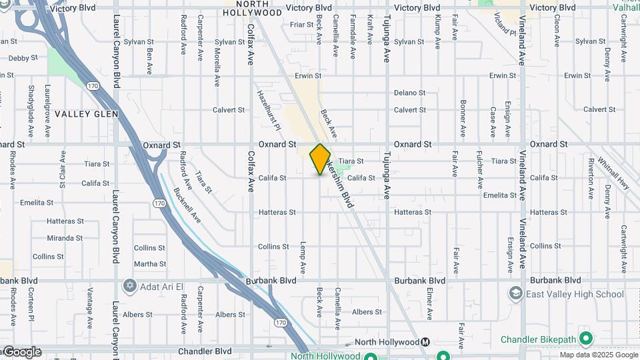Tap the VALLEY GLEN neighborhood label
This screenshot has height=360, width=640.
pos(86,114)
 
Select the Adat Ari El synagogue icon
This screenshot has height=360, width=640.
pos(130,286)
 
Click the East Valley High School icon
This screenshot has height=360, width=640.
pos(515,294)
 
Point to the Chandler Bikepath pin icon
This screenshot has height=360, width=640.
pos(586,339)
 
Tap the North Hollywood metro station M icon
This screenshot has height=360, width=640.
pos(425,342)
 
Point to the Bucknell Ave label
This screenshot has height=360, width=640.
pos(187,203)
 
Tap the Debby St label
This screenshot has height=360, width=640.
pos(19,59)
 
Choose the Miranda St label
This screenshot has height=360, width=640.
pos(65,238)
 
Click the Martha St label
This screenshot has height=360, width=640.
pos(149,264)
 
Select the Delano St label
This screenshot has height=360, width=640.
pos(409,93)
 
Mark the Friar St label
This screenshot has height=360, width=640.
pos(301,24)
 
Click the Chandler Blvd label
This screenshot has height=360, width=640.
pos(205,351)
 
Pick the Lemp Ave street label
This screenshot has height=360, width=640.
pos(303,258)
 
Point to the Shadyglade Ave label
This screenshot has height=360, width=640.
pos(31,103)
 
